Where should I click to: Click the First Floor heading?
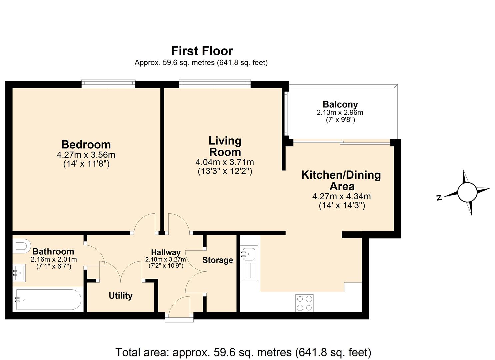[202, 51]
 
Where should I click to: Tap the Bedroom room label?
[86, 145]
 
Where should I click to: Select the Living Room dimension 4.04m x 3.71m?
[225, 163]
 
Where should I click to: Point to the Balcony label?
[340, 104]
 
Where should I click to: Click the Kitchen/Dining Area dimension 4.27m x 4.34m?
[341, 197]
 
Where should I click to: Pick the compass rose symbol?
[467, 192]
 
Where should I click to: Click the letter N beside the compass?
[439, 198]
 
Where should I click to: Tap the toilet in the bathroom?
[21, 246]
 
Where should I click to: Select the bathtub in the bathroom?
[48, 300]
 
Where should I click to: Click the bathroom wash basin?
[19, 273]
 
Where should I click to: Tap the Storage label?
[218, 260]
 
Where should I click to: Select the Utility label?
[121, 296]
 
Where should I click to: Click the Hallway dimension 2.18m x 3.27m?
[166, 259]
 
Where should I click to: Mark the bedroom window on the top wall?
[108, 83]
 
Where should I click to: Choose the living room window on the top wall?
[215, 83]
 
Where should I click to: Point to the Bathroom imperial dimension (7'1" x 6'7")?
[54, 266]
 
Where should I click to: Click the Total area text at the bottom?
[243, 352]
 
